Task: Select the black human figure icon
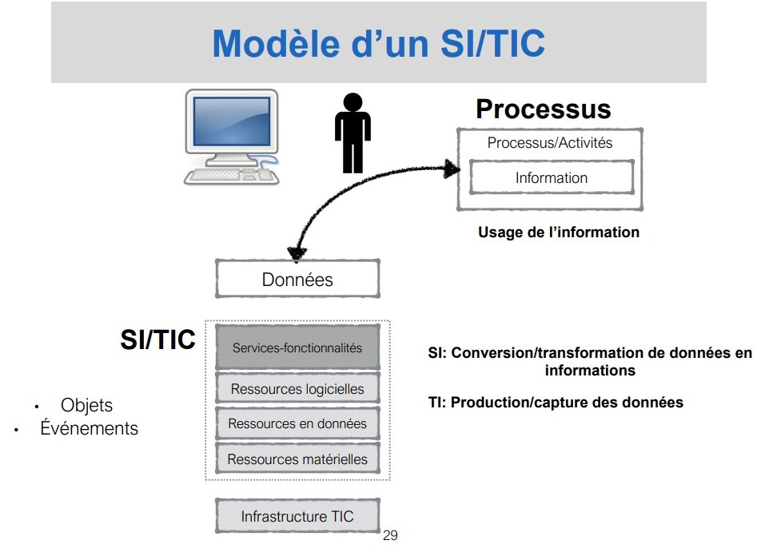352,133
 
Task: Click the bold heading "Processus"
543,109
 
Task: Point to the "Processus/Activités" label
550,143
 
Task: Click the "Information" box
551,178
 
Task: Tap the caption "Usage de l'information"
559,232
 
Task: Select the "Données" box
297,280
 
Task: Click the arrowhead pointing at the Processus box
453,169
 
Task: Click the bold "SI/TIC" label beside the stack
157,340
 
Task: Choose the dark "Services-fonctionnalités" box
297,347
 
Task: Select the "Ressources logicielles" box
297,389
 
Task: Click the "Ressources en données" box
297,423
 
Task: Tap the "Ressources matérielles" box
297,459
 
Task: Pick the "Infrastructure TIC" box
297,517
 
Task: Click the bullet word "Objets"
86,406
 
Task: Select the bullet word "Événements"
89,428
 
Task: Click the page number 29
390,535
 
